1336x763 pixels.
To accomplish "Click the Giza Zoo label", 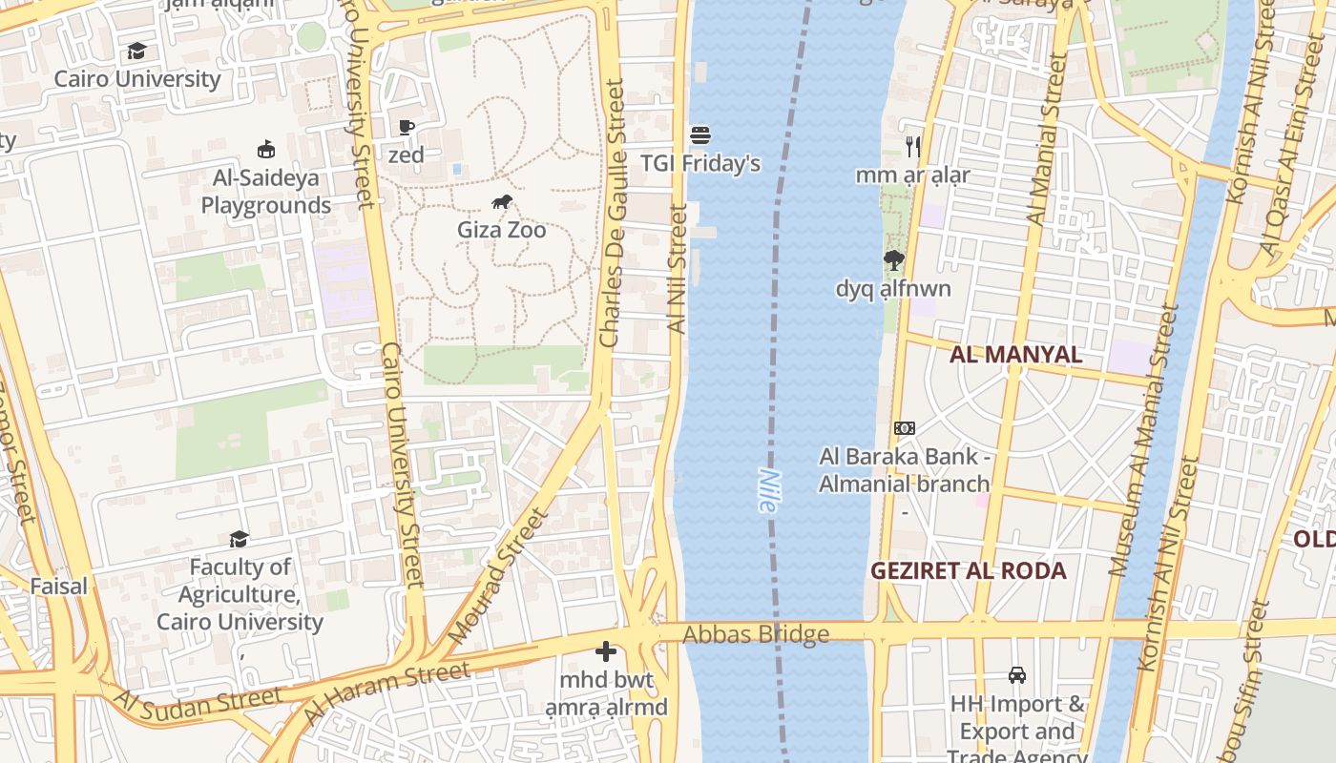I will click(x=501, y=230).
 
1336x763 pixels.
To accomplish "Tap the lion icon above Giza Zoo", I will click(x=502, y=201).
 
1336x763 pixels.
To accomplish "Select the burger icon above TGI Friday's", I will click(x=700, y=135).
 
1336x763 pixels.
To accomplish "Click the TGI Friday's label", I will click(x=700, y=163).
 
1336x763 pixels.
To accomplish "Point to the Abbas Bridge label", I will click(x=756, y=634).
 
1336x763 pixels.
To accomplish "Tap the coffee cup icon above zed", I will click(x=407, y=127).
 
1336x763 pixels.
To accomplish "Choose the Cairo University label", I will click(x=137, y=78).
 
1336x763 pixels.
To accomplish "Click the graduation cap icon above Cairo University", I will click(x=137, y=51).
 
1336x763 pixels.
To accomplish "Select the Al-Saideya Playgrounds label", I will click(x=266, y=191).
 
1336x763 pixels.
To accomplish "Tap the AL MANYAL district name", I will click(x=1015, y=355).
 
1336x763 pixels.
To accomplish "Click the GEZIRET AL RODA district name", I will click(x=968, y=570).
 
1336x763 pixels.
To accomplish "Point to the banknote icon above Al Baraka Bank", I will click(x=904, y=428).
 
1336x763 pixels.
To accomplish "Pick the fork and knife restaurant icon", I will click(x=913, y=146).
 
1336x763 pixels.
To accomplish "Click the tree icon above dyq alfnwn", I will click(x=893, y=259).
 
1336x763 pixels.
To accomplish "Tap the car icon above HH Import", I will click(x=1017, y=675).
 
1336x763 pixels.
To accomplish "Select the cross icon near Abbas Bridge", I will click(x=606, y=651).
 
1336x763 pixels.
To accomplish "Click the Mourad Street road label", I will click(x=498, y=575).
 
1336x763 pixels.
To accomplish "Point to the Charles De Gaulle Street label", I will click(x=613, y=213).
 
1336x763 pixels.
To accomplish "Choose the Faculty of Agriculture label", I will click(x=240, y=594).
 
